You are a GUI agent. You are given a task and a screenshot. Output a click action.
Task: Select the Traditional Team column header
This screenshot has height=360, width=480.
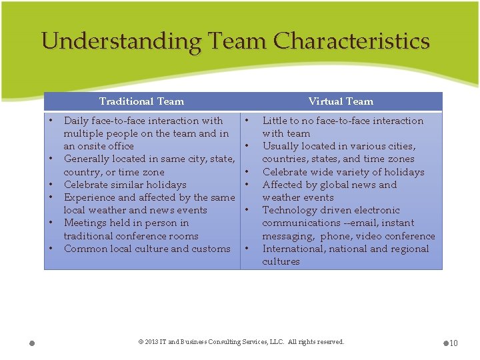pyautogui.click(x=141, y=101)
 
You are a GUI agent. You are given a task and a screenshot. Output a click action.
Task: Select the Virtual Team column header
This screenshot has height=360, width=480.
pyautogui.click(x=341, y=101)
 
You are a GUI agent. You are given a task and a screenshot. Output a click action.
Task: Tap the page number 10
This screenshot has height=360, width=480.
pyautogui.click(x=453, y=343)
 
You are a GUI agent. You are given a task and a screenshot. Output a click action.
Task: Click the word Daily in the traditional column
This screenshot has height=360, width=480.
pyautogui.click(x=77, y=121)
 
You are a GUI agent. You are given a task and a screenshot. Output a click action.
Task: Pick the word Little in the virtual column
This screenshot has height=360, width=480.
pyautogui.click(x=276, y=121)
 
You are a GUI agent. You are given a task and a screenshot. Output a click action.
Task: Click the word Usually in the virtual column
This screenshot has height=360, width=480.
pyautogui.click(x=281, y=146)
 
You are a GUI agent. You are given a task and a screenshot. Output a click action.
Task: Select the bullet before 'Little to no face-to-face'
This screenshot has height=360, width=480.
pyautogui.click(x=247, y=121)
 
